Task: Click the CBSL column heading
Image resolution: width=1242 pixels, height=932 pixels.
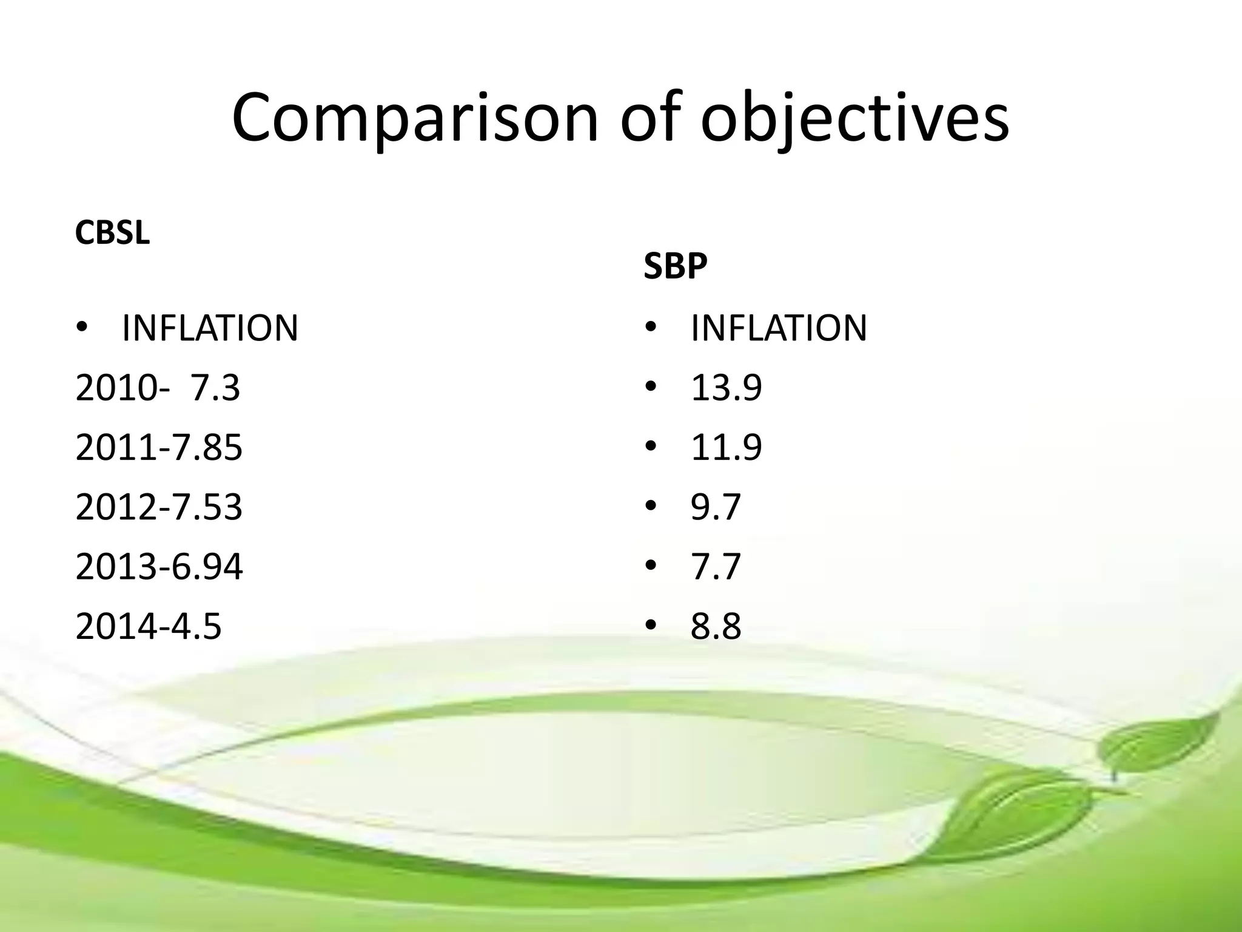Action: [x=112, y=232]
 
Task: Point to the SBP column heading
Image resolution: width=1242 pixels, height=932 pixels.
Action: [x=675, y=266]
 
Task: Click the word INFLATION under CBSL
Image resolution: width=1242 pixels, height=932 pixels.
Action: [x=210, y=328]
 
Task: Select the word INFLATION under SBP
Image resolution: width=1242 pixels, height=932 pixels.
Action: [x=779, y=328]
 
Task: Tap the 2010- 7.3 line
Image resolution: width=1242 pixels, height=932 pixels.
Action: [x=158, y=388]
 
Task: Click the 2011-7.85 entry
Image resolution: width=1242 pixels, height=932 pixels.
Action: [x=159, y=448]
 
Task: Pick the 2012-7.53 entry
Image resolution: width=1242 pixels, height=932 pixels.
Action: [x=159, y=507]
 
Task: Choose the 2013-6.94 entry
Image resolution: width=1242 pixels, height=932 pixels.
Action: [x=159, y=567]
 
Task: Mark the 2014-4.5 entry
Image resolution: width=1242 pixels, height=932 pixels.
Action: [x=148, y=626]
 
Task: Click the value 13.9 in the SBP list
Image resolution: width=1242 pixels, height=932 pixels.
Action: [x=726, y=388]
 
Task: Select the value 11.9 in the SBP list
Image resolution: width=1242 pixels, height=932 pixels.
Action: [x=726, y=448]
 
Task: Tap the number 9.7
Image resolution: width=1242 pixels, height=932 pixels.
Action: [x=716, y=507]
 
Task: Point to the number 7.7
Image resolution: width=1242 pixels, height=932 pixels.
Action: [x=716, y=567]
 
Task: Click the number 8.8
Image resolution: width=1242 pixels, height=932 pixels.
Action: [x=716, y=626]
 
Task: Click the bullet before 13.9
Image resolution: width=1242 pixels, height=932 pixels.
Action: [x=651, y=387]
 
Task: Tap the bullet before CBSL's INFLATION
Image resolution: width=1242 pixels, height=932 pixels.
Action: [x=82, y=328]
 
